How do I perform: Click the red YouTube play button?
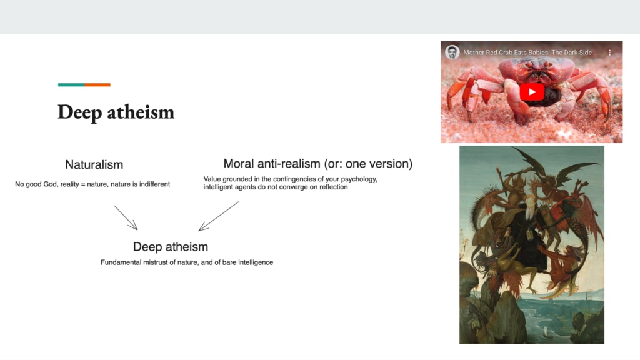531,92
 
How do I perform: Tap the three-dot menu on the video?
610,52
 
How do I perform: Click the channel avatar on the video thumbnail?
452,52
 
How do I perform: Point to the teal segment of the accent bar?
71,85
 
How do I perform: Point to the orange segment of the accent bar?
97,85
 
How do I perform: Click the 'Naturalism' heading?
94,164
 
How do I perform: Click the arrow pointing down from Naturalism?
126,217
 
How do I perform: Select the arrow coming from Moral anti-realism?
219,216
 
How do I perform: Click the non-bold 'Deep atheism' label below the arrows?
171,247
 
